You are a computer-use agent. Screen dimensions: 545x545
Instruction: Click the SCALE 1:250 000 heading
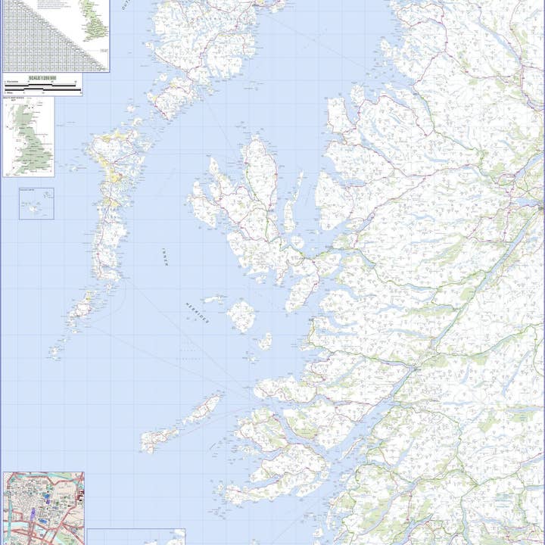point(42,78)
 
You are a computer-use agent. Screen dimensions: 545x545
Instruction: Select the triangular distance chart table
point(38,34)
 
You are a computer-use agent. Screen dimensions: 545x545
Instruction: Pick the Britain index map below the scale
point(29,136)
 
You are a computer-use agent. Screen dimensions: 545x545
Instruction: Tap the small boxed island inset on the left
point(36,204)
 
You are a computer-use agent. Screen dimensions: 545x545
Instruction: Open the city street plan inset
point(43,508)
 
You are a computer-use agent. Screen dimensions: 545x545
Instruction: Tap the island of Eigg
point(264,341)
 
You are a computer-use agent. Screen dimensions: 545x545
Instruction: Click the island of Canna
point(214,300)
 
